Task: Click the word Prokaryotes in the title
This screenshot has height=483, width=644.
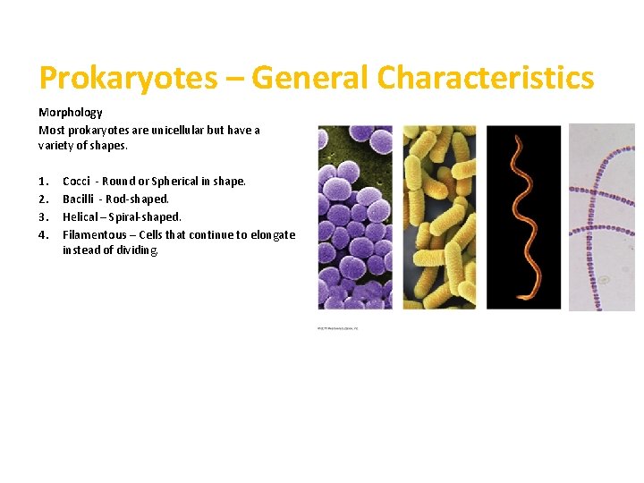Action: (128, 79)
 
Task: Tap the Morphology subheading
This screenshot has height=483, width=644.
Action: (71, 113)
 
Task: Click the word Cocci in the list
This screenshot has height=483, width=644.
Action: (76, 181)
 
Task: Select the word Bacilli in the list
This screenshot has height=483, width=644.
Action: (79, 199)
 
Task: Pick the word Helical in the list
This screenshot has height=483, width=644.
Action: (80, 216)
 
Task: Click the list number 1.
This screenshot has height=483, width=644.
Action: (43, 181)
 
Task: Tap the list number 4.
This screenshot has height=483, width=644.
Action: (43, 234)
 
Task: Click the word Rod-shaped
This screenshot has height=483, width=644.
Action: (137, 199)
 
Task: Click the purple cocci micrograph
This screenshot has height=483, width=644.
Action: (355, 217)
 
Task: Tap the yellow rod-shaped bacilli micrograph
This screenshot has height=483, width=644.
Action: (439, 217)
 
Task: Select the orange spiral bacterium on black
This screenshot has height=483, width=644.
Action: (523, 217)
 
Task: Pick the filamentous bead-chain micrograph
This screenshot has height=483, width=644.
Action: (602, 217)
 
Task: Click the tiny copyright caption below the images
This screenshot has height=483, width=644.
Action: (337, 328)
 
